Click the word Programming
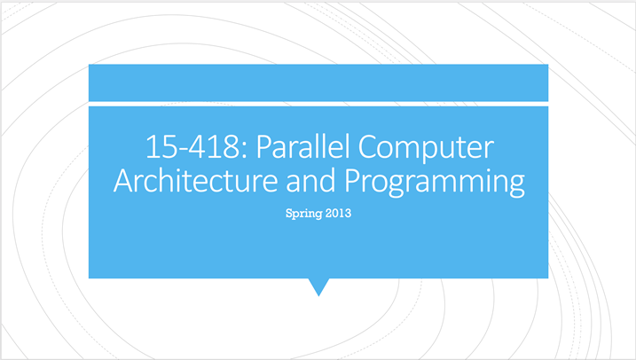click(x=434, y=183)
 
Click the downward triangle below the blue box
click(x=318, y=286)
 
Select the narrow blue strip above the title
click(x=318, y=82)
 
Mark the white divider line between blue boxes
click(x=318, y=103)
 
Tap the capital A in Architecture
click(x=122, y=182)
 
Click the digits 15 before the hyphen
click(x=156, y=147)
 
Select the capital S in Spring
click(x=288, y=214)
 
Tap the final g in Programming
click(x=514, y=185)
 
